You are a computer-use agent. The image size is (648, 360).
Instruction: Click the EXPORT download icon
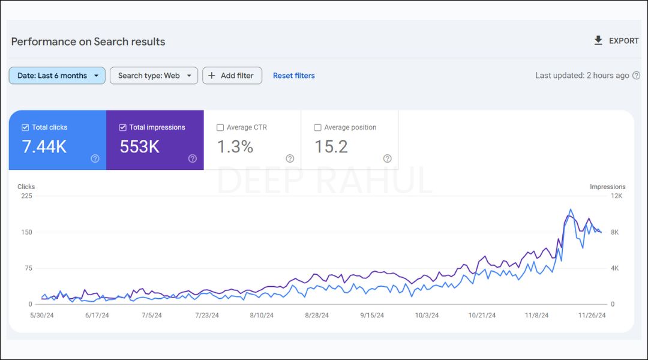(x=598, y=40)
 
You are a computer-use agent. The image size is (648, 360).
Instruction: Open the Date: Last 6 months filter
(x=57, y=76)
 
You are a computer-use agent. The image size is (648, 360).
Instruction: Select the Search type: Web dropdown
(x=154, y=76)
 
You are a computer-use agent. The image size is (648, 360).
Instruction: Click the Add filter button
(x=232, y=76)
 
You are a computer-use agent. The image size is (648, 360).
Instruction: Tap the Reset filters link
(x=293, y=76)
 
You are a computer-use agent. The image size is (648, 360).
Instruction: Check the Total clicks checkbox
(x=25, y=127)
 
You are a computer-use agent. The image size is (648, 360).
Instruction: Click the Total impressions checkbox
(x=123, y=127)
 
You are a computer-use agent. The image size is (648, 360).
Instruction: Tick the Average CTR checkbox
(x=220, y=127)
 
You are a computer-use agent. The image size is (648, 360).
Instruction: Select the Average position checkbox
(x=317, y=127)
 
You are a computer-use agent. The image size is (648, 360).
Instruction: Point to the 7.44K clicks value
(x=44, y=146)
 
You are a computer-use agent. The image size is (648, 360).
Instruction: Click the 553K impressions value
(x=140, y=146)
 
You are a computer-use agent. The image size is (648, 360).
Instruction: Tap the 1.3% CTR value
(x=235, y=146)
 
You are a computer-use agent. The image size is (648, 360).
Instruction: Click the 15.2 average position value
(x=331, y=146)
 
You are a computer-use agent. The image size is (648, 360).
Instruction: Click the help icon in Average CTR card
(x=290, y=158)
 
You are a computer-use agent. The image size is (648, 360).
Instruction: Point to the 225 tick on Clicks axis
(x=26, y=196)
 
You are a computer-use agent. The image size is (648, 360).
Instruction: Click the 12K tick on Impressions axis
(x=616, y=196)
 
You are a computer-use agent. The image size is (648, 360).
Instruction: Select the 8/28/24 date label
(x=317, y=315)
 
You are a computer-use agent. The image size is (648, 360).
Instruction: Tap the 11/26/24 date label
(x=592, y=315)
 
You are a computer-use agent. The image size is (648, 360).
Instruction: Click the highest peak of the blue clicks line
(x=571, y=209)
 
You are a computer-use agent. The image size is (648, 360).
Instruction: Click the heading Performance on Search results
(x=88, y=41)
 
